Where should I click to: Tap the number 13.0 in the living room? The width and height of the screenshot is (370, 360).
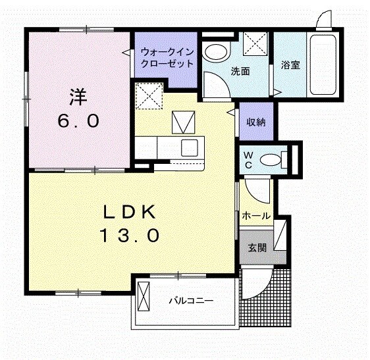[x=130, y=235]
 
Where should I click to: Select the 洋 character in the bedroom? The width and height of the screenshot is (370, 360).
[x=78, y=97]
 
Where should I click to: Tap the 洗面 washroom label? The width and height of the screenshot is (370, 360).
[x=240, y=71]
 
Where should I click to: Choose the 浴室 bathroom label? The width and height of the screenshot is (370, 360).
[x=290, y=65]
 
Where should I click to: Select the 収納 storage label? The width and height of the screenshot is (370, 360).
[x=256, y=122]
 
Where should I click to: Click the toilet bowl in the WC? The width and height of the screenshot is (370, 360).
[x=270, y=159]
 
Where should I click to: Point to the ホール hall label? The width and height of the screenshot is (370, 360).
[x=255, y=216]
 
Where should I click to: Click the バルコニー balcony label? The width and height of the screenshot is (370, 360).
[x=190, y=301]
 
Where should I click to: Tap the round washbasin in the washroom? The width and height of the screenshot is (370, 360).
[x=215, y=52]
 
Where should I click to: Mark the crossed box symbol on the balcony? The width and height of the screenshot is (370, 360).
[x=144, y=297]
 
